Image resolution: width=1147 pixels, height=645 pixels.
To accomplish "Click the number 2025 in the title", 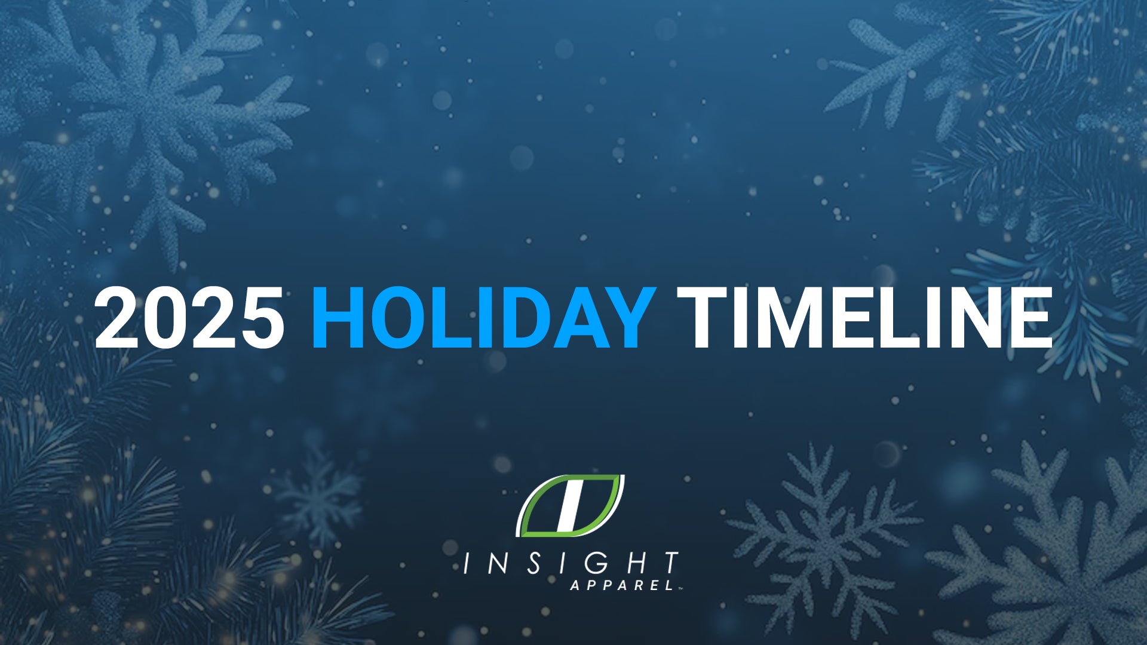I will (x=189, y=317).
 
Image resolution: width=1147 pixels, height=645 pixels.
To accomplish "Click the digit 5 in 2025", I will (x=260, y=317).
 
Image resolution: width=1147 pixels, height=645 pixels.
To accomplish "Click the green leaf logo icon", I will (x=571, y=505).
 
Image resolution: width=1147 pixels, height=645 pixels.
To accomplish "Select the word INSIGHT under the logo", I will (x=571, y=563).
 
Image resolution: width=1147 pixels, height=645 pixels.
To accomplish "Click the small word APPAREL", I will (x=622, y=585).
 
